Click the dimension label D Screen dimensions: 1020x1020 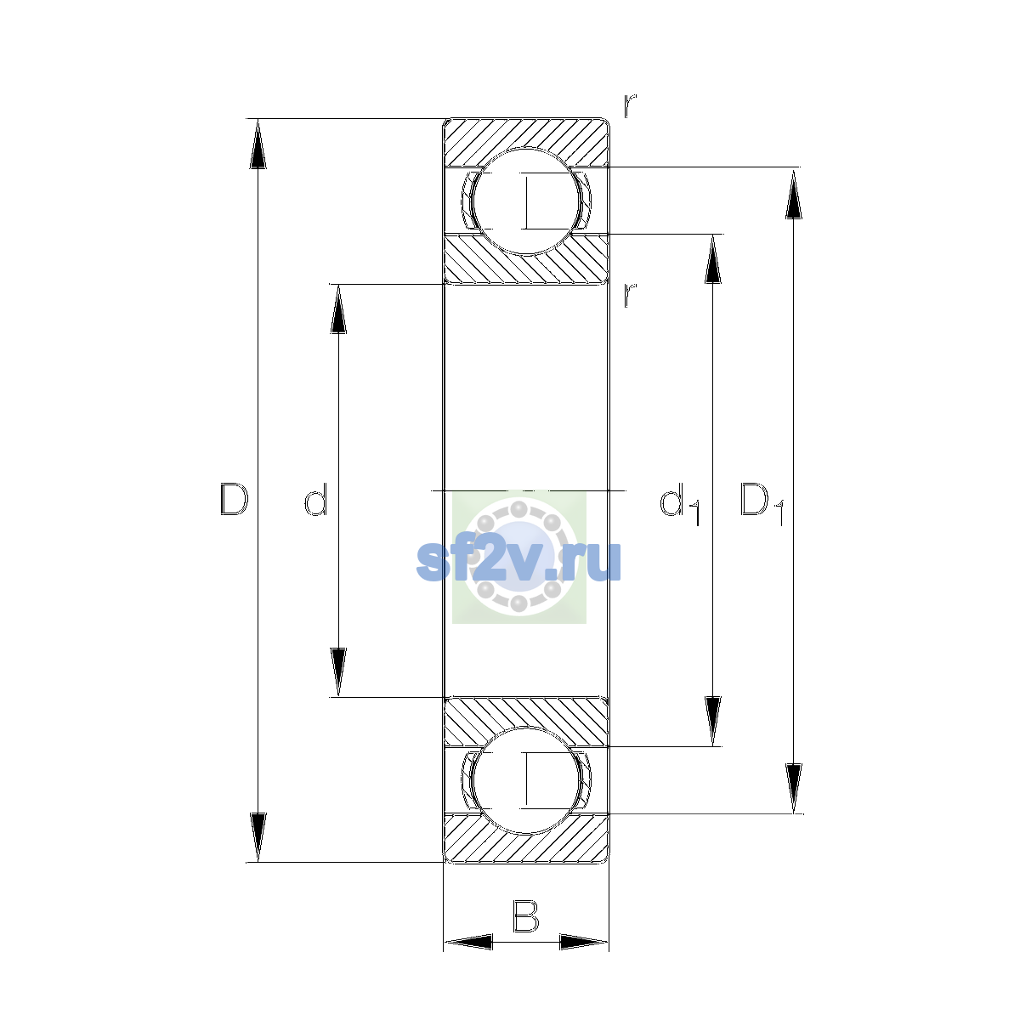[x=234, y=499]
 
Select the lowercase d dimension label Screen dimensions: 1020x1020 [x=315, y=499]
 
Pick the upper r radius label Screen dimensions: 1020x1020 [x=629, y=106]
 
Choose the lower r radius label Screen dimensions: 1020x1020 [x=629, y=295]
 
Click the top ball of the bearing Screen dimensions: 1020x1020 [x=526, y=201]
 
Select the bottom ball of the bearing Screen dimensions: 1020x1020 [x=526, y=781]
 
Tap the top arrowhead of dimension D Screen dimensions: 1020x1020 [x=258, y=144]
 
